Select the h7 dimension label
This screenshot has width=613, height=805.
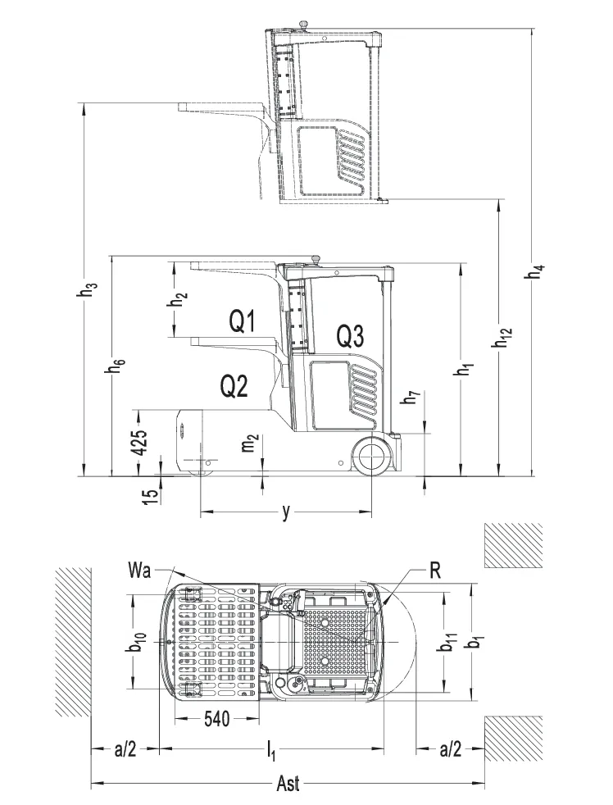[x=415, y=399]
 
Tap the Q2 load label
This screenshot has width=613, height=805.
[x=234, y=385]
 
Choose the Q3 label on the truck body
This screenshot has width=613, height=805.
[x=350, y=334]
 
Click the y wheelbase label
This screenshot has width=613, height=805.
[x=286, y=512]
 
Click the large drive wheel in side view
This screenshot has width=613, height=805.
[x=372, y=457]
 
